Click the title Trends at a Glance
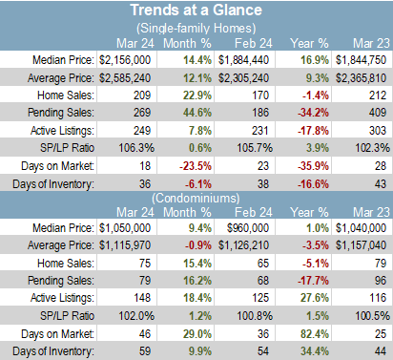[x=196, y=10]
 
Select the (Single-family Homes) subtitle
[x=196, y=29]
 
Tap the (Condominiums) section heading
[x=196, y=199]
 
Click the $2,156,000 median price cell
[x=125, y=60]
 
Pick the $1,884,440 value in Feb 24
[x=243, y=60]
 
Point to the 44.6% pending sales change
[x=197, y=113]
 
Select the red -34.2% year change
[x=313, y=113]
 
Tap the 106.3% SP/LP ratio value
[x=136, y=148]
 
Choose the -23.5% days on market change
[x=196, y=166]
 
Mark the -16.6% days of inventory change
[x=313, y=184]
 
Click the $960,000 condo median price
[x=248, y=228]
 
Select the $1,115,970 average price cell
[x=125, y=245]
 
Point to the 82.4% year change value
[x=315, y=334]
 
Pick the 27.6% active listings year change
[x=315, y=298]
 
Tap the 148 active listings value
[x=142, y=298]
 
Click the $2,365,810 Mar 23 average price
[x=362, y=78]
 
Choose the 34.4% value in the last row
[x=315, y=351]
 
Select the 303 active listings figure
[x=378, y=131]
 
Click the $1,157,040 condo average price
[x=362, y=245]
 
